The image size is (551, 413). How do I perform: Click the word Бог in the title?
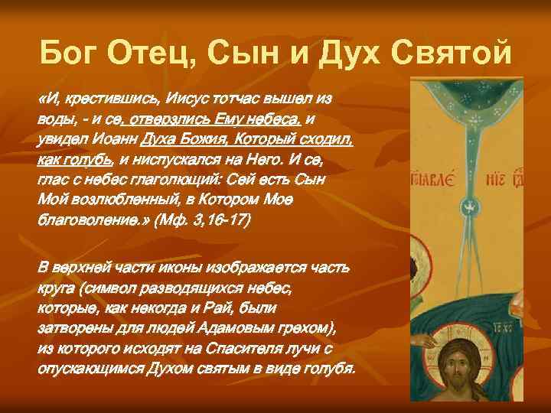67,54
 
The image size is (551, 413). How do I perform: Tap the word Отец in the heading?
149,54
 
